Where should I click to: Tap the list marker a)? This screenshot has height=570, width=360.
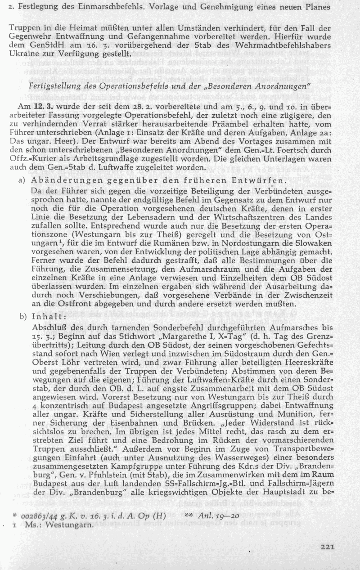tap(21, 181)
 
